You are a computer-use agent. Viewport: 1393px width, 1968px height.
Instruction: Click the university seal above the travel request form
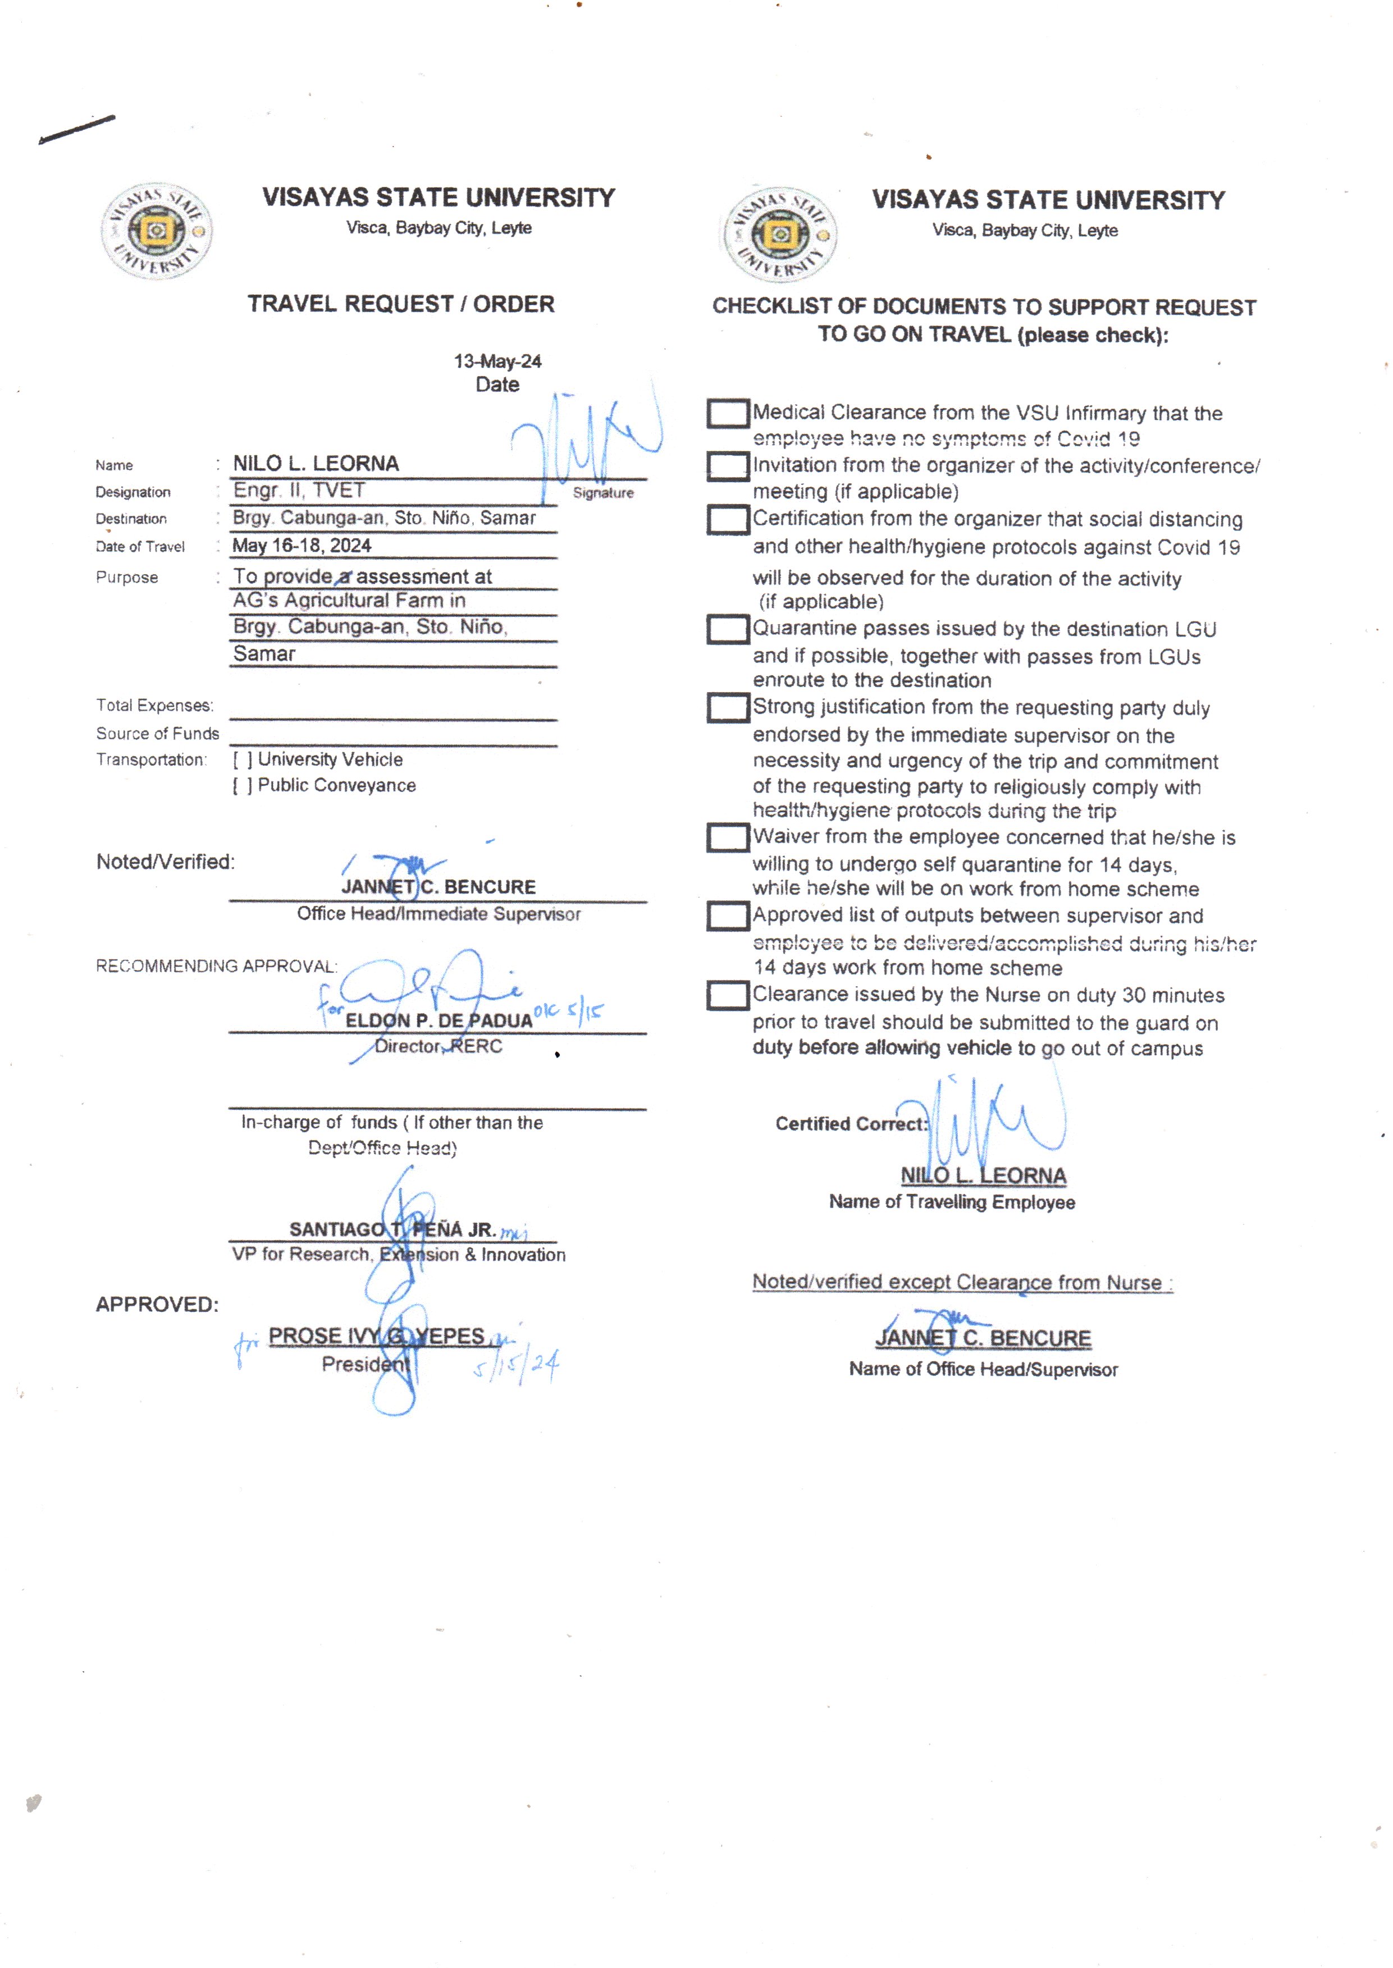pyautogui.click(x=157, y=231)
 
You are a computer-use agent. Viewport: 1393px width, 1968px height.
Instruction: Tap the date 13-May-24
pyautogui.click(x=497, y=361)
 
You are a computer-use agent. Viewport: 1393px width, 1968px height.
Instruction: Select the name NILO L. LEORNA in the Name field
pyautogui.click(x=316, y=464)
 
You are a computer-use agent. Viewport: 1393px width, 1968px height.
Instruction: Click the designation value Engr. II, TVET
pyautogui.click(x=299, y=491)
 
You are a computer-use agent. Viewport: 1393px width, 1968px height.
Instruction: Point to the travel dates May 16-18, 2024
pyautogui.click(x=302, y=546)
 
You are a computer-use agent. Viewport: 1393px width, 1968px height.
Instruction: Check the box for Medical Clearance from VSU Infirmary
pyautogui.click(x=727, y=413)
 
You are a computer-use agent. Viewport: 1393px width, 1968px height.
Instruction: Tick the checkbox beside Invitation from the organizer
pyautogui.click(x=727, y=466)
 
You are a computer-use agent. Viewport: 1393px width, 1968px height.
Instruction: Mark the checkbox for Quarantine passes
pyautogui.click(x=727, y=629)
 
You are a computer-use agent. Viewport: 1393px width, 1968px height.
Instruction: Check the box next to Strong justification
pyautogui.click(x=727, y=708)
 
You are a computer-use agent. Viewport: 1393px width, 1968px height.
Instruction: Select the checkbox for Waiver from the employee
pyautogui.click(x=727, y=838)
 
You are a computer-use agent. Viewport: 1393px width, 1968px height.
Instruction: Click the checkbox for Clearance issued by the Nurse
pyautogui.click(x=727, y=996)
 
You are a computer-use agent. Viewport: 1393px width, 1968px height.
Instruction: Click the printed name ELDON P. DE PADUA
pyautogui.click(x=439, y=1020)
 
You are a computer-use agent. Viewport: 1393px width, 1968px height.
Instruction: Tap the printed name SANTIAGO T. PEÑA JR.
pyautogui.click(x=392, y=1230)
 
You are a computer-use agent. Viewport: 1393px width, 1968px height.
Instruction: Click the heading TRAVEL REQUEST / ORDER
pyautogui.click(x=400, y=304)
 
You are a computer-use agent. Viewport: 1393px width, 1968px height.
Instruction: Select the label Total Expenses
pyautogui.click(x=154, y=706)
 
